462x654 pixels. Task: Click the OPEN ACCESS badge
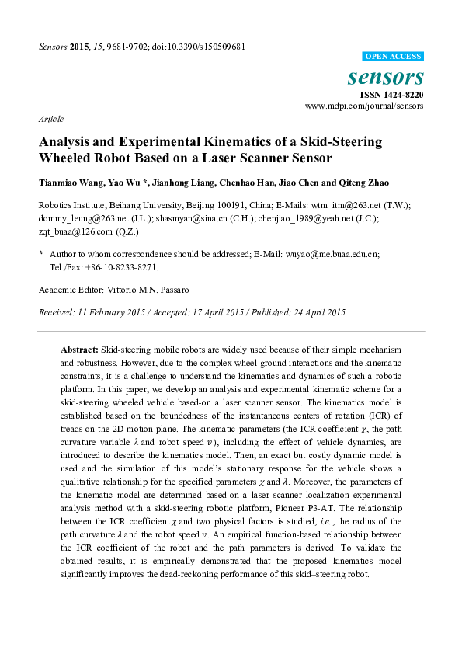click(394, 57)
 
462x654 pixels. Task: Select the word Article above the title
click(50, 120)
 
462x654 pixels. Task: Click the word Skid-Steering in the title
click(321, 143)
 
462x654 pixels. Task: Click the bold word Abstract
click(80, 350)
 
